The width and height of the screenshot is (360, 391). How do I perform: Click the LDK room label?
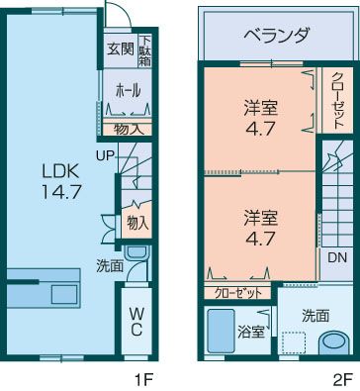60,171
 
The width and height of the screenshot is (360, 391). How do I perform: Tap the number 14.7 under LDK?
61,191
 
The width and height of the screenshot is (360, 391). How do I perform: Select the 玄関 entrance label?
121,49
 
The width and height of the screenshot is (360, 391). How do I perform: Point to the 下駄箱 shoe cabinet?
144,51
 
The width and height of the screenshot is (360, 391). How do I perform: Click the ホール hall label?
128,90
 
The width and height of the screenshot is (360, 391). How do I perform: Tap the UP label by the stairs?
105,155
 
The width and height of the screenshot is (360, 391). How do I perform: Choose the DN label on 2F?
337,257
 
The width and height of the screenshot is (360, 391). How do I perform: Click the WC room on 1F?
136,322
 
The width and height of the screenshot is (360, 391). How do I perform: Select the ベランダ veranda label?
277,35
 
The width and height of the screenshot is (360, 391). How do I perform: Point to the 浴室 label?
251,332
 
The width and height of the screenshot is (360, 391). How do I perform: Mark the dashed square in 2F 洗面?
294,343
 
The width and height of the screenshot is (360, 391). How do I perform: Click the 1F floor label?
143,380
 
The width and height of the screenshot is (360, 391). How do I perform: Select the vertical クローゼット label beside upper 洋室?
337,100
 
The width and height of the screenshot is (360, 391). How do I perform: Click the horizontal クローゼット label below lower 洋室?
238,292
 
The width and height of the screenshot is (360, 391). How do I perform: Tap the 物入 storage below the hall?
128,130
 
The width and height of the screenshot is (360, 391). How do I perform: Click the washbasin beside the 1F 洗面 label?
137,252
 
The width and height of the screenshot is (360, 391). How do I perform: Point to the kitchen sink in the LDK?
65,294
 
